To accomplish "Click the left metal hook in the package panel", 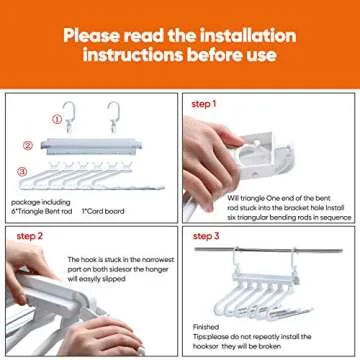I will pos(70,116).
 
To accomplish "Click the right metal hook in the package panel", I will pos(113,115).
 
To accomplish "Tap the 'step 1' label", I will pos(204,104).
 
